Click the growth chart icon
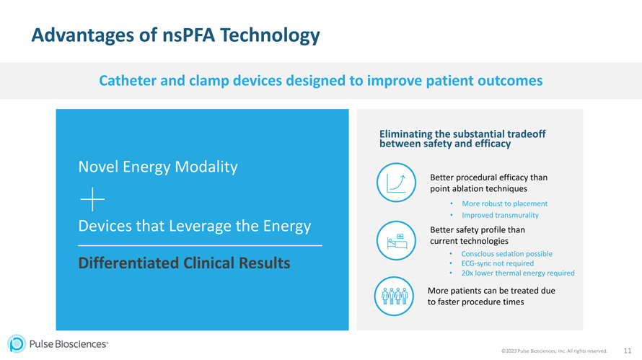[396, 183]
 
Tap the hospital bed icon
[396, 241]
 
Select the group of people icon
[395, 296]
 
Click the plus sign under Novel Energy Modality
[92, 198]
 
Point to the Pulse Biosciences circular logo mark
[16, 344]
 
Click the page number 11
[628, 351]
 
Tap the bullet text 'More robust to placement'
[504, 203]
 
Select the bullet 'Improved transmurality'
[500, 215]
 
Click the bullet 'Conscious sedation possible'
[506, 254]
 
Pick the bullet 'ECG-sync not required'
[497, 263]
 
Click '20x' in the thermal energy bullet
[467, 273]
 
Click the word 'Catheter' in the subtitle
[127, 80]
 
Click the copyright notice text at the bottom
[554, 351]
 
